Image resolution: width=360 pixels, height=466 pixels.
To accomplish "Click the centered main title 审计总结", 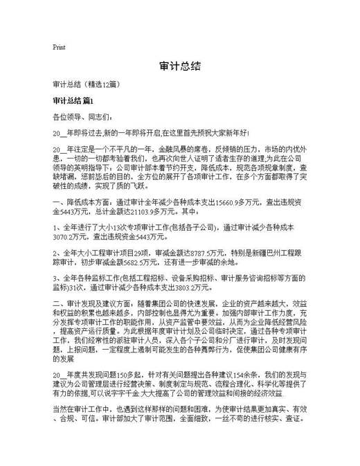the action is [180, 67].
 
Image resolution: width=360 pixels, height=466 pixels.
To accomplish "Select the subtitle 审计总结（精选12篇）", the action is [87, 84].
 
